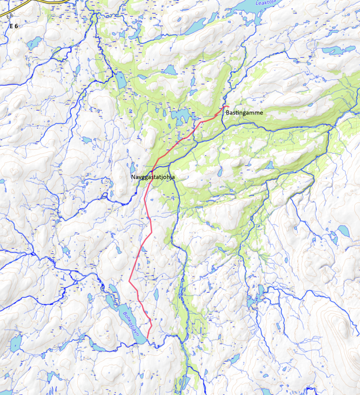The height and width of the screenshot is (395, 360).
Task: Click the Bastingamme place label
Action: [244, 113]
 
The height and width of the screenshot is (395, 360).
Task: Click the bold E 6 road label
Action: [13, 26]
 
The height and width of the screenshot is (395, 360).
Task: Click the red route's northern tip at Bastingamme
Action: [228, 106]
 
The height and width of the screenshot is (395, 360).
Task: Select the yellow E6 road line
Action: [33, 5]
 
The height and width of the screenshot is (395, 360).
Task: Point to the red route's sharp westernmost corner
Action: [129, 281]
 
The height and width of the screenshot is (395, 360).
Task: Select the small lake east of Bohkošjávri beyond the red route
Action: [156, 294]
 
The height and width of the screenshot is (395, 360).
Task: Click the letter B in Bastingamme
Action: [227, 113]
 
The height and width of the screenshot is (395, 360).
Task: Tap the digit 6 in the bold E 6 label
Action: [16, 26]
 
